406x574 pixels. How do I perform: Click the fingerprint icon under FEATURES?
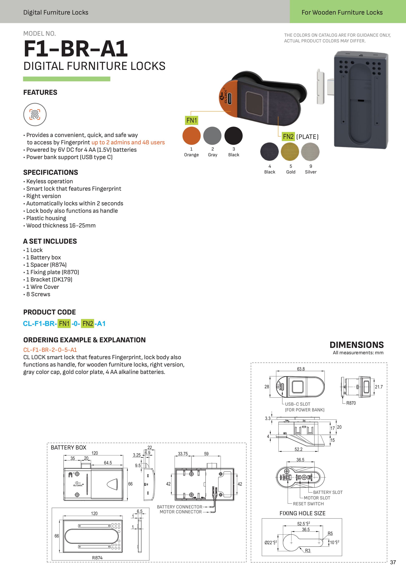click(35, 115)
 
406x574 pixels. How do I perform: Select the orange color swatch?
click(192, 136)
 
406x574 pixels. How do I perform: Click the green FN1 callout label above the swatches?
click(192, 120)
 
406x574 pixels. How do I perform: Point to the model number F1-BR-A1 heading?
click(76, 49)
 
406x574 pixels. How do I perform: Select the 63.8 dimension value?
click(301, 369)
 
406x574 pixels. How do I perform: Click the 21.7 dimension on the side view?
click(378, 387)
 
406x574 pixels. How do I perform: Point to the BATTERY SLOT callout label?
click(328, 492)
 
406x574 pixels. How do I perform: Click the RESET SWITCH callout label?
click(308, 504)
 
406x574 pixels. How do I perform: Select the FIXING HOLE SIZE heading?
click(302, 513)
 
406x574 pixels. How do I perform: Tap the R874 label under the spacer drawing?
click(97, 558)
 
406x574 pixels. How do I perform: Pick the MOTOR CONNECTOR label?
click(180, 512)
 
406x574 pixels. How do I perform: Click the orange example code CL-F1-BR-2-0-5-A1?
click(50, 350)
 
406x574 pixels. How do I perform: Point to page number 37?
click(393, 562)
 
